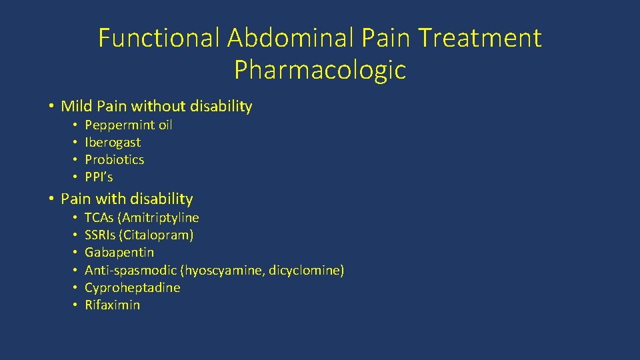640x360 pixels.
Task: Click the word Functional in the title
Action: click(x=158, y=38)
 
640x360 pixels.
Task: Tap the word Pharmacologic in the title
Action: click(x=320, y=69)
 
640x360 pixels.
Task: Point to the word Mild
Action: click(x=77, y=106)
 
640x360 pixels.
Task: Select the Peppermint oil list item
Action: click(x=129, y=125)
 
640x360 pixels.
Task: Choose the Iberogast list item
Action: click(x=113, y=143)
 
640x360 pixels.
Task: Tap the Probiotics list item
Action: click(x=114, y=160)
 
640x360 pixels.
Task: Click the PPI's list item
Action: click(x=99, y=177)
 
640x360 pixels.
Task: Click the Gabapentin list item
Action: click(x=119, y=253)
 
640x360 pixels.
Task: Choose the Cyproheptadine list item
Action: click(x=132, y=287)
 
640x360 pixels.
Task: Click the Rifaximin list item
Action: click(x=113, y=305)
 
